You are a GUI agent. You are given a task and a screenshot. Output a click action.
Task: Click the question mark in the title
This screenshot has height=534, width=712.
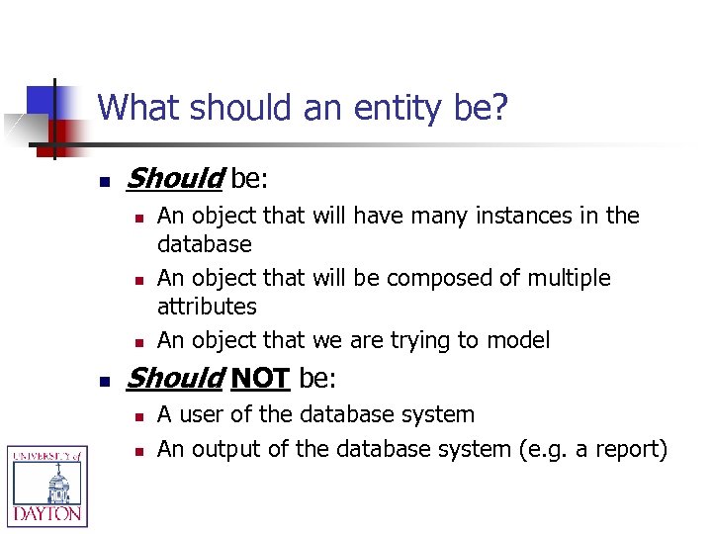pyautogui.click(x=499, y=107)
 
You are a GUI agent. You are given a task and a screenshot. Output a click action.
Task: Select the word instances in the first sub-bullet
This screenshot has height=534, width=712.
pyautogui.click(x=494, y=216)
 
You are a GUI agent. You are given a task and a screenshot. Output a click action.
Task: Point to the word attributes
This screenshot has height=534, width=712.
pyautogui.click(x=207, y=307)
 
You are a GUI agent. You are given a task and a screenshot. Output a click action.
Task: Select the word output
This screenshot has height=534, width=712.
pyautogui.click(x=224, y=449)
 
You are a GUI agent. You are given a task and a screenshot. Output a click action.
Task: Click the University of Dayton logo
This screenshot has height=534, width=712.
pyautogui.click(x=46, y=485)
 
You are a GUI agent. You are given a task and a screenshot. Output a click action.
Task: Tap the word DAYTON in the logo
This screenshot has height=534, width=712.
pyautogui.click(x=46, y=514)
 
